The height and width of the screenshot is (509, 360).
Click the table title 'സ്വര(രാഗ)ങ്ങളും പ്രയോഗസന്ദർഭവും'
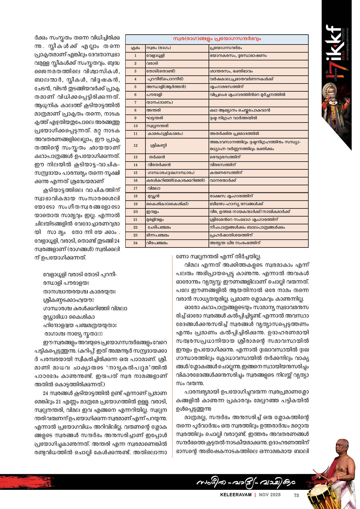pyautogui.click(x=217, y=39)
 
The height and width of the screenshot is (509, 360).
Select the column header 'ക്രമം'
pyautogui.click(x=135, y=48)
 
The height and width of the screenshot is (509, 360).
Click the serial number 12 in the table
pyautogui.click(x=135, y=146)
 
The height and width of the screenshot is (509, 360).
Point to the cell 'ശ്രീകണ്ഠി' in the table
pyautogui.click(x=159, y=146)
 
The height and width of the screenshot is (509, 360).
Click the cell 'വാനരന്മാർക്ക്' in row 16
pyautogui.click(x=223, y=181)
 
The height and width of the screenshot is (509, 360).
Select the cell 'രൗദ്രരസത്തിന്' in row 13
pyautogui.click(x=225, y=157)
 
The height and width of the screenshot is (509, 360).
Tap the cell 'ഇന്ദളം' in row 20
pyautogui.click(x=153, y=212)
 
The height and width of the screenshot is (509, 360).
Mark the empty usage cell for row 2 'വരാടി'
pyautogui.click(x=258, y=64)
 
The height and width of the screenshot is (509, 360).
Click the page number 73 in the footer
pyautogui.click(x=296, y=495)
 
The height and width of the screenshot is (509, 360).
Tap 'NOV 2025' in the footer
pyautogui.click(x=270, y=495)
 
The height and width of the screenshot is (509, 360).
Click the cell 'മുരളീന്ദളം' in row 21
pyautogui.click(x=155, y=220)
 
